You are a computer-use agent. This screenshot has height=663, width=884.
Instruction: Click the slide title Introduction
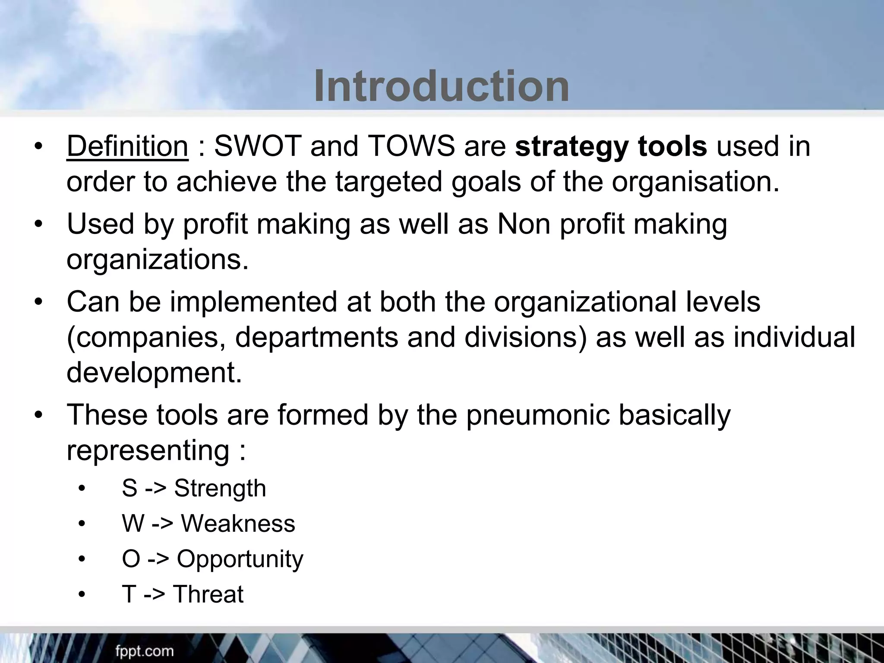[x=441, y=86]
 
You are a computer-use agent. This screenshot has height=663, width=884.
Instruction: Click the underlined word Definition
[x=127, y=147]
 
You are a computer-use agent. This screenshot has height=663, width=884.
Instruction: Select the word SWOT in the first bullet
[x=257, y=147]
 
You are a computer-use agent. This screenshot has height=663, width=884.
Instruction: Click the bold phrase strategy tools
[x=611, y=147]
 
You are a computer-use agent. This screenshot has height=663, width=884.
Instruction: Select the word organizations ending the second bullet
[x=158, y=260]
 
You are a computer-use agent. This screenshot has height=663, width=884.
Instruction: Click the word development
[x=154, y=373]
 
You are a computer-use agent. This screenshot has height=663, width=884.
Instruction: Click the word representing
[x=148, y=450]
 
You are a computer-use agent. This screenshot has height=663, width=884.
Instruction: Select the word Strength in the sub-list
[x=220, y=489]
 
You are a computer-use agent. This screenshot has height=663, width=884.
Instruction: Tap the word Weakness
[x=238, y=524]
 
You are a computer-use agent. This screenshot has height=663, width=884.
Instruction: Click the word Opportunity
[x=240, y=559]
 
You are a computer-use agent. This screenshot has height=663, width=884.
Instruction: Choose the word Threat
[x=208, y=594]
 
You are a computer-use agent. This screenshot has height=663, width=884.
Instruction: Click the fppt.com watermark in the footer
[x=144, y=651]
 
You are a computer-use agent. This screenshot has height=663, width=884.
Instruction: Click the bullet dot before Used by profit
[x=39, y=224]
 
